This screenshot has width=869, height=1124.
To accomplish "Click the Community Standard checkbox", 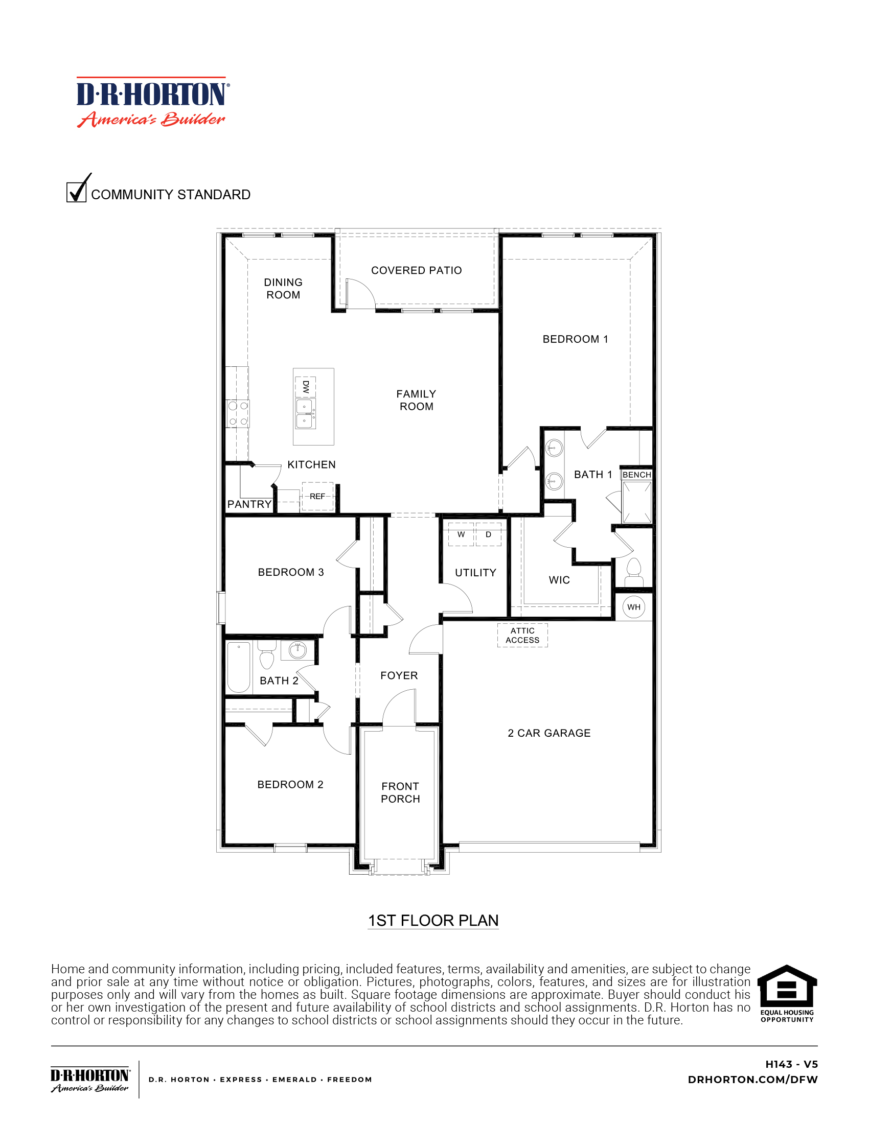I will [x=76, y=192].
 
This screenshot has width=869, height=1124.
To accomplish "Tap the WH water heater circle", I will [x=634, y=607].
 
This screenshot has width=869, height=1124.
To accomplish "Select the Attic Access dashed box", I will [x=522, y=635].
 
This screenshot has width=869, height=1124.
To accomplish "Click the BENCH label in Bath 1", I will [x=636, y=475].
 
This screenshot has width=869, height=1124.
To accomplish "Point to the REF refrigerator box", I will [x=317, y=496].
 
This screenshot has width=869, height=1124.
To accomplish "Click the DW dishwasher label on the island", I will [x=305, y=387].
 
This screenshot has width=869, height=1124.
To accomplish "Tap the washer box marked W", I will [x=461, y=535].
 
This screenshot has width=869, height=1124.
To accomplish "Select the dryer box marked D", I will [x=488, y=535].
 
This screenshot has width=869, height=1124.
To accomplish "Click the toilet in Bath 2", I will [x=267, y=655].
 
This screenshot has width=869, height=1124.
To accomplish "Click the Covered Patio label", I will [x=416, y=270].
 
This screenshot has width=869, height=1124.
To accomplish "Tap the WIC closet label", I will [x=559, y=580].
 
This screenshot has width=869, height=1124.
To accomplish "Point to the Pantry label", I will [x=249, y=504].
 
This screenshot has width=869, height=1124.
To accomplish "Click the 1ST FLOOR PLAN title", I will [x=433, y=921].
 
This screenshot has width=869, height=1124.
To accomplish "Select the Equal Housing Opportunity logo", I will [x=787, y=993].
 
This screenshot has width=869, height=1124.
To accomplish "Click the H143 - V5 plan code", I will [x=791, y=1064].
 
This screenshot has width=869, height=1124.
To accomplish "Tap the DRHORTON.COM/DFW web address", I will [x=752, y=1079].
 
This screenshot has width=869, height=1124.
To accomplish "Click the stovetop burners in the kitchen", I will [x=238, y=413].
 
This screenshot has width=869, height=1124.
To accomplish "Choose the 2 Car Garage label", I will [x=549, y=733].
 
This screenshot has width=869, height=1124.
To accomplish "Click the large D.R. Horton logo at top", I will [x=153, y=102].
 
